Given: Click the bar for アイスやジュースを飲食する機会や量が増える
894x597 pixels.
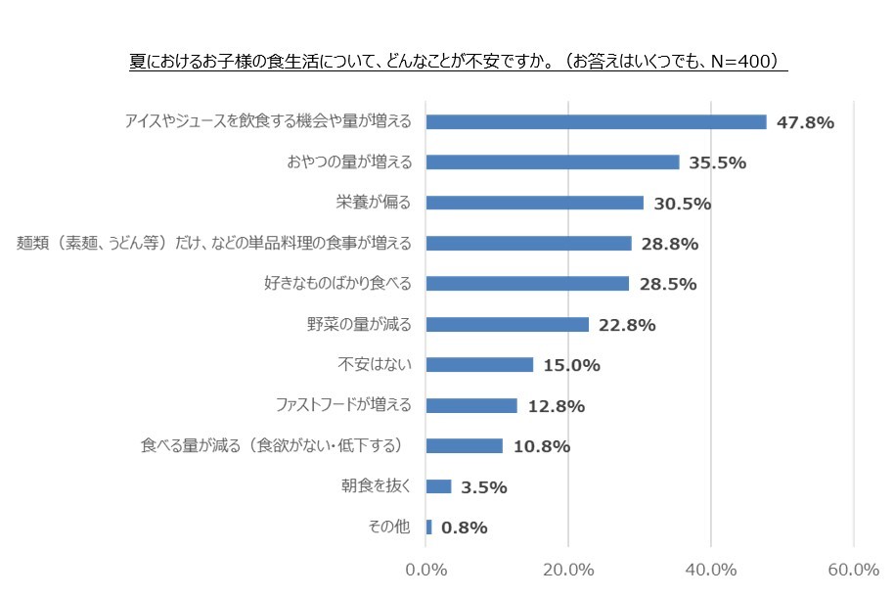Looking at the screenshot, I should [597, 122].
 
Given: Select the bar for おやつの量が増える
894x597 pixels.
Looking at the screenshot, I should [553, 162].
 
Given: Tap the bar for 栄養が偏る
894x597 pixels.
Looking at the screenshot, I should [535, 203].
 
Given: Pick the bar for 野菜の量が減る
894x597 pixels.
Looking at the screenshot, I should [508, 324].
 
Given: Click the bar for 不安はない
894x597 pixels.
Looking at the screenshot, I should [479, 365].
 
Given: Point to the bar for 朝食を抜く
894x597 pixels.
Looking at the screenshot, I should [438, 486].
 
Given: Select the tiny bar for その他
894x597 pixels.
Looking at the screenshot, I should [428, 528].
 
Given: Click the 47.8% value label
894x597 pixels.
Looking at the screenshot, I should [804, 122].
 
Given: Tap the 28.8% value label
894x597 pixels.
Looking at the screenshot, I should [670, 244].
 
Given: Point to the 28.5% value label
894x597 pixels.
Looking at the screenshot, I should [667, 284].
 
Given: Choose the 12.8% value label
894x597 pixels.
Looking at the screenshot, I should [556, 406].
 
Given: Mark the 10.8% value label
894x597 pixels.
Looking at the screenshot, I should [541, 446].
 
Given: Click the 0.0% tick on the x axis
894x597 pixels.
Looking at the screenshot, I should [425, 571].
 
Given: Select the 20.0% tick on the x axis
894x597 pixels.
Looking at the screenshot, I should [568, 571].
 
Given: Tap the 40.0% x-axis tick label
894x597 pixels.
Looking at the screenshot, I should [711, 571].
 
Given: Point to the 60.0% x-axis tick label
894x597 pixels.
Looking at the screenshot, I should [853, 571].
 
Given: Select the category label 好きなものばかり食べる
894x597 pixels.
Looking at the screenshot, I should [337, 284].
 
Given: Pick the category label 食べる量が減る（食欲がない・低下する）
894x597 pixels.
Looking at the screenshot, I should [275, 446].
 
